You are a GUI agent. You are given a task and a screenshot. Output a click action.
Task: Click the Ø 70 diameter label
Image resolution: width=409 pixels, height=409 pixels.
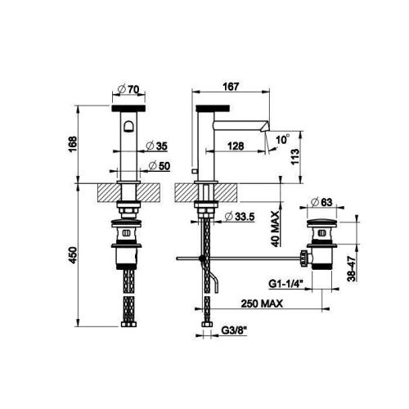(128, 89)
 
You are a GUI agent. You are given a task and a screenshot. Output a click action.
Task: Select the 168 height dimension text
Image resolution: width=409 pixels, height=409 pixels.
(72, 145)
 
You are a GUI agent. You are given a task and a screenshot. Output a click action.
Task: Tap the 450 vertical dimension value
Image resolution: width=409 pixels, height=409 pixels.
(72, 255)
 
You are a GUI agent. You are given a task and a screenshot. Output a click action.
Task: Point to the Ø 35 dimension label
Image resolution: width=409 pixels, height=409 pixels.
(156, 146)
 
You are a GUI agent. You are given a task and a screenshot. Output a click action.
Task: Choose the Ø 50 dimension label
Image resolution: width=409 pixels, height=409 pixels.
(160, 166)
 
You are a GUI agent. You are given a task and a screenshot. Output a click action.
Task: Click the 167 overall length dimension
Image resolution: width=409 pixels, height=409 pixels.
(231, 87)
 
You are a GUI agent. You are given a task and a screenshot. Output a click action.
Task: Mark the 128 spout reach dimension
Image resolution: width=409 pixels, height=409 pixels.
(236, 146)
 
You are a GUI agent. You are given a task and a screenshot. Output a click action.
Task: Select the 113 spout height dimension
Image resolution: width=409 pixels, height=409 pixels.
(295, 157)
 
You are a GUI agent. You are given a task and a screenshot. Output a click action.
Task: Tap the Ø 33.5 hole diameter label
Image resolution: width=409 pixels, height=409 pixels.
(240, 217)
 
